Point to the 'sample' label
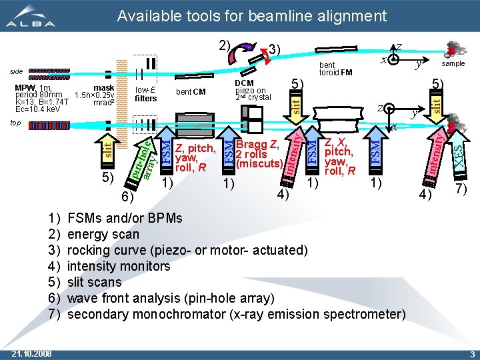pos(453,64)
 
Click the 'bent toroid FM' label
pos(335,69)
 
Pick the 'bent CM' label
pos(191,91)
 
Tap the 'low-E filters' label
pos(145,94)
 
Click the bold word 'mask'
pos(104,87)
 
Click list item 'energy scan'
pos(103,234)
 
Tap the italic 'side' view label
pos(15,71)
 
